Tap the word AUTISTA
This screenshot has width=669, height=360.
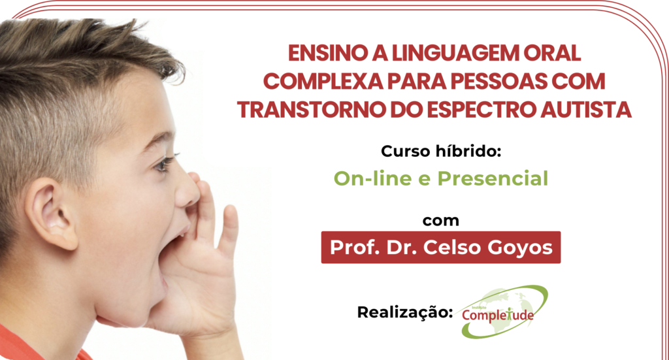pos(586,110)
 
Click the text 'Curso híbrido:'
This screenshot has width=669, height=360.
pos(441,151)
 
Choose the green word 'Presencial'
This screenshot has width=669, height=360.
pos(493,178)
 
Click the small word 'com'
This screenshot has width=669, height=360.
pos(441,221)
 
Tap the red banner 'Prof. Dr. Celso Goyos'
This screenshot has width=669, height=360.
pos(441,248)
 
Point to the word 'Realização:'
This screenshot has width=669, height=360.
pos(405,313)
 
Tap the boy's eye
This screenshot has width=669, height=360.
pos(165,163)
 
